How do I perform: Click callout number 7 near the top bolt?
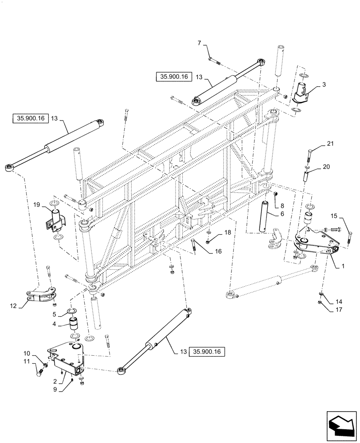[200, 43]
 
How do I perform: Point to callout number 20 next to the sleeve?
[326, 167]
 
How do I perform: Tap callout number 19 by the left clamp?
[36, 205]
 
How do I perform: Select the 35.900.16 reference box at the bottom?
[207, 352]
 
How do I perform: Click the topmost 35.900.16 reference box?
[172, 77]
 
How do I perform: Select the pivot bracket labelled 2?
[67, 362]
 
